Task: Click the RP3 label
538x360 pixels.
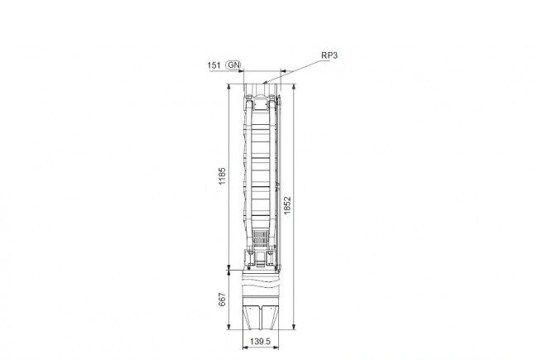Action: pos(329,55)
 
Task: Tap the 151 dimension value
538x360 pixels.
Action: pos(214,65)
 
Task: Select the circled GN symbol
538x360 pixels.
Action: pos(234,65)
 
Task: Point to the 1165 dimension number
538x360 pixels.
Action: pos(223,176)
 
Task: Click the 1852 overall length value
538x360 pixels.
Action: pos(287,205)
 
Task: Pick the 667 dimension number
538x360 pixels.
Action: pos(223,300)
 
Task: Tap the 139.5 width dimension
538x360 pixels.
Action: pos(261,342)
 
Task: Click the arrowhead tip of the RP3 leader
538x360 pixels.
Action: pos(263,83)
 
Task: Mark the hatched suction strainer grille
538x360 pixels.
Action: pos(261,238)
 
